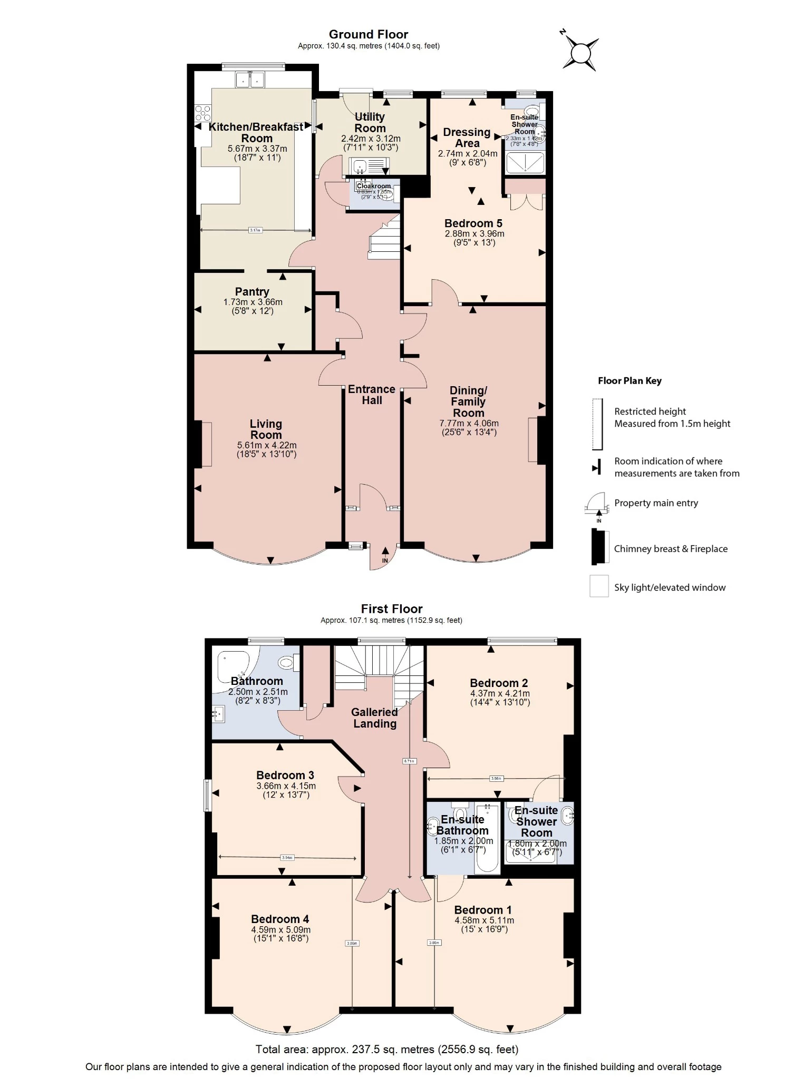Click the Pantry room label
252,291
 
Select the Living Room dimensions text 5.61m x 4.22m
266,445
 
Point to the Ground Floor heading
368,34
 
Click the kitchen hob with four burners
202,113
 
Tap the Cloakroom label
374,186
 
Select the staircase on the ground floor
385,240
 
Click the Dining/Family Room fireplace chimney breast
541,440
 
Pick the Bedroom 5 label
473,223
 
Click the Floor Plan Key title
629,381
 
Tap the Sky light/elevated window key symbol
599,586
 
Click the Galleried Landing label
374,718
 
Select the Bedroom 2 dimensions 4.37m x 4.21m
500,693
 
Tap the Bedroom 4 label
280,919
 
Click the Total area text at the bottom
386,1049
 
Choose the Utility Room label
370,122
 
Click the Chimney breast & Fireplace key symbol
598,547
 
